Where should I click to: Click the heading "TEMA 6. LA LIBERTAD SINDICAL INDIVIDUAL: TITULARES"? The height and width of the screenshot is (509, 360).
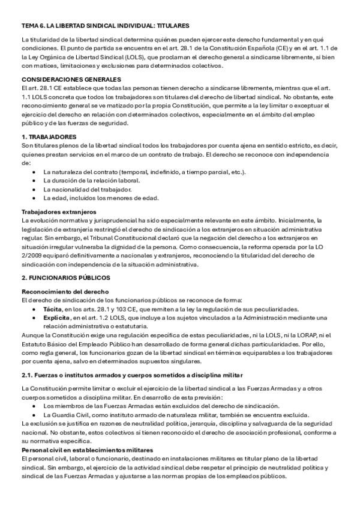tap(105, 26)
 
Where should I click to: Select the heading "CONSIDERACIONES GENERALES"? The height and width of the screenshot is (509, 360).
tap(70, 79)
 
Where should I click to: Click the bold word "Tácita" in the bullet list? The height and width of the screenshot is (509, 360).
tap(54, 309)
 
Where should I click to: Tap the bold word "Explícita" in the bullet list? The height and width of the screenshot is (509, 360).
tap(58, 317)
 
